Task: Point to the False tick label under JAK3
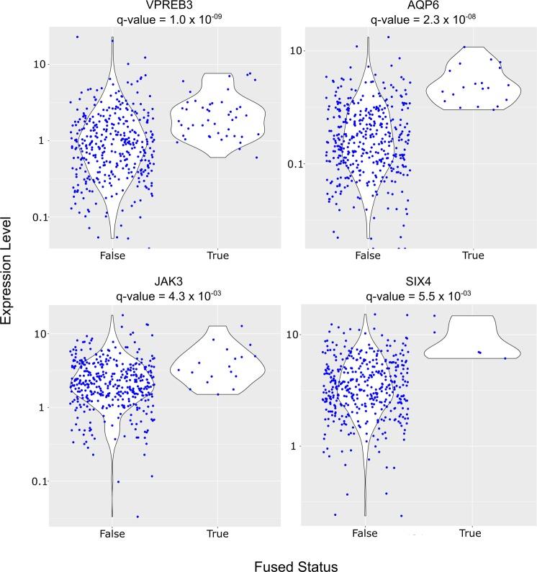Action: coord(112,533)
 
